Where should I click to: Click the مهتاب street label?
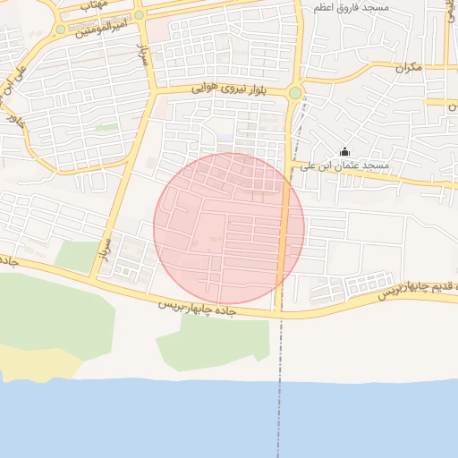pyautogui.click(x=93, y=4)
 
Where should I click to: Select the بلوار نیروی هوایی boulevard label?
pyautogui.click(x=230, y=89)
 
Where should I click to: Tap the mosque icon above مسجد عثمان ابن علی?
pyautogui.click(x=345, y=152)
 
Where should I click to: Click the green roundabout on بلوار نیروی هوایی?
pyautogui.click(x=295, y=92)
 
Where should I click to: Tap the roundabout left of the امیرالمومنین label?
pyautogui.click(x=60, y=29)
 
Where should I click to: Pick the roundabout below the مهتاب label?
pyautogui.click(x=140, y=15)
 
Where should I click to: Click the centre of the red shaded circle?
pyautogui.click(x=229, y=228)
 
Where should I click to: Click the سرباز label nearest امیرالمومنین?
pyautogui.click(x=141, y=54)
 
